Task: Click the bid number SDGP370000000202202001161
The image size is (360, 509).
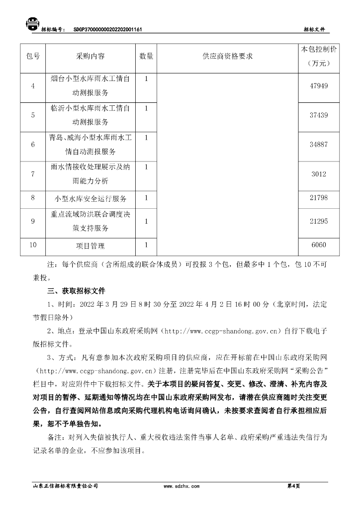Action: click(108, 30)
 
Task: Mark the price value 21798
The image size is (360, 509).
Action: click(319, 198)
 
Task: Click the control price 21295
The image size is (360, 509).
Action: click(319, 222)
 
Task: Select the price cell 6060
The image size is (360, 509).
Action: click(319, 246)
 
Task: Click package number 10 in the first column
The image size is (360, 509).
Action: click(33, 245)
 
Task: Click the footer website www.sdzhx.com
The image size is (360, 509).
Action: click(181, 486)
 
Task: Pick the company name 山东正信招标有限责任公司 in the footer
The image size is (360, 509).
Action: click(65, 486)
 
